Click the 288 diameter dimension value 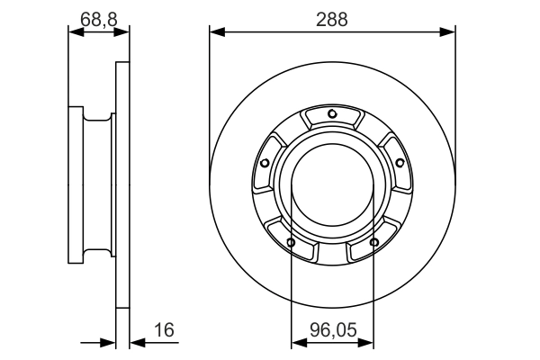[x=332, y=18]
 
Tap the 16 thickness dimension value [x=163, y=332]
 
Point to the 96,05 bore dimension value [x=333, y=332]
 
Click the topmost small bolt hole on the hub [x=332, y=113]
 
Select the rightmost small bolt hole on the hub [x=400, y=162]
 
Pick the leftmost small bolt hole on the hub [x=265, y=163]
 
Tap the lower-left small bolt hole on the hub [x=291, y=242]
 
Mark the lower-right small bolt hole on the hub [x=373, y=242]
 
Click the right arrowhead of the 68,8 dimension [x=123, y=31]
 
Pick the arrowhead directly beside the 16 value [x=136, y=343]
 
